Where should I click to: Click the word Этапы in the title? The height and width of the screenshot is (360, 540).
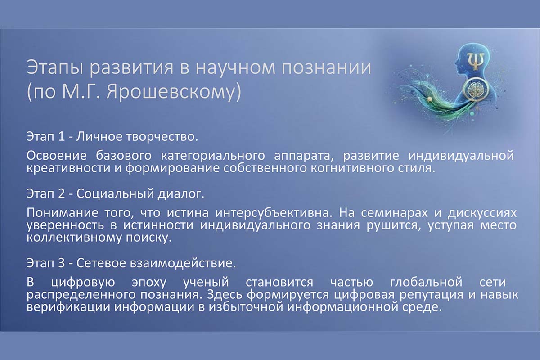coord(55,68)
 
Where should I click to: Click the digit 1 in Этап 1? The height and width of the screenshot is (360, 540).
coord(61,137)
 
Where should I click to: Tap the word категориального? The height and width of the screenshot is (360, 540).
coord(213,156)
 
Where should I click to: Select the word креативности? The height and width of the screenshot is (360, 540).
coord(67,168)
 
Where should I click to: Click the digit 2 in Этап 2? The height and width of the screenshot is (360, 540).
coord(61,193)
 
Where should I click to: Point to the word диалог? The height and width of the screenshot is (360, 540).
coord(181,194)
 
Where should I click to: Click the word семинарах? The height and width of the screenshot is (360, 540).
coord(394,213)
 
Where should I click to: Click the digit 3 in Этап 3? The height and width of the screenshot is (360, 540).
coord(61,263)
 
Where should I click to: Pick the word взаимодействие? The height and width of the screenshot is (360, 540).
coord(183,263)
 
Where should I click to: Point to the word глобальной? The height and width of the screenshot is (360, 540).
coord(426,282)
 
